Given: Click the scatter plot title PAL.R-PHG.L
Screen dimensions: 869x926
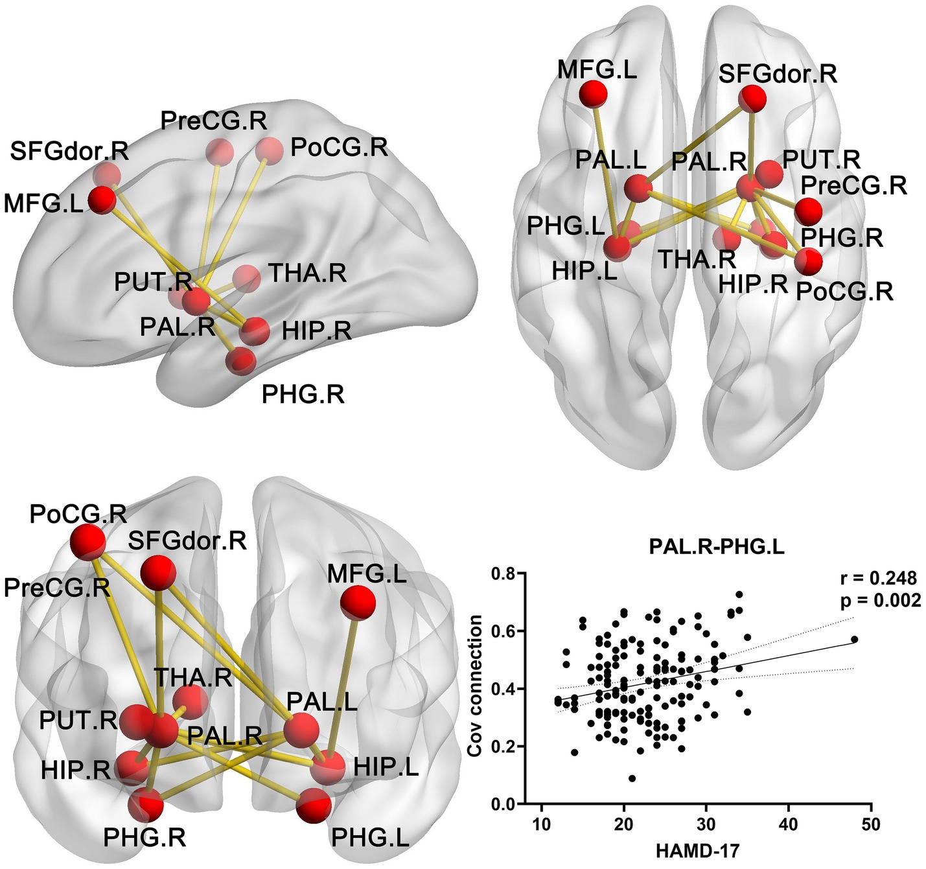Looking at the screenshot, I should [x=717, y=548].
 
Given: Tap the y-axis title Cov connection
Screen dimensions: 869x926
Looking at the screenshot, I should [x=476, y=686].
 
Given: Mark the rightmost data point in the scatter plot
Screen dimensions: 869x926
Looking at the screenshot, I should [x=855, y=639].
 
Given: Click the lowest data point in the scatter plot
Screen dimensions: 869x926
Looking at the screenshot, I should [x=632, y=778].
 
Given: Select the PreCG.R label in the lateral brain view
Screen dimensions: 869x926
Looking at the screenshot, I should [x=214, y=121].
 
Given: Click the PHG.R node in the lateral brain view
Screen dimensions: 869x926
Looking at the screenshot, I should [x=242, y=360].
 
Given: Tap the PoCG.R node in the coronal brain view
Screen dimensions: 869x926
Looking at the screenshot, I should [x=87, y=542].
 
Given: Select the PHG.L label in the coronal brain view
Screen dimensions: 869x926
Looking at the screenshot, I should [x=370, y=838].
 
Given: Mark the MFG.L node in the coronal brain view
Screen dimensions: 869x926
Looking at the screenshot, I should [x=358, y=603].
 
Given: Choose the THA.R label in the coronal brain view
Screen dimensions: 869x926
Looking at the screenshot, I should [x=193, y=677].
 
